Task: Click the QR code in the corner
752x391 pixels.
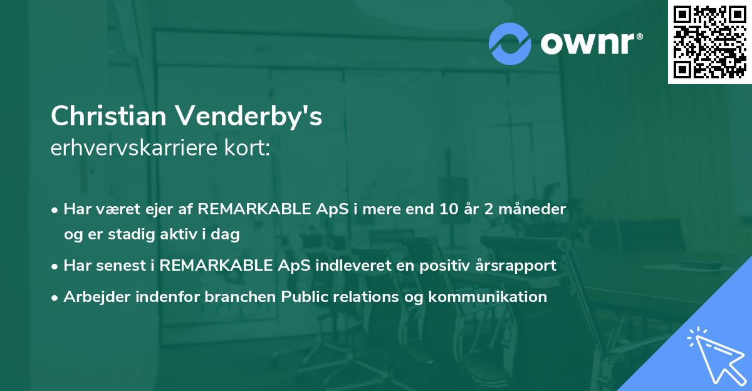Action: tap(710, 41)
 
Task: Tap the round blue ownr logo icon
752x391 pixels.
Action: tap(509, 44)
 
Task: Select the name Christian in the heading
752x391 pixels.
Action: tap(107, 117)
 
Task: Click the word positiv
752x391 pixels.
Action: tap(447, 265)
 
